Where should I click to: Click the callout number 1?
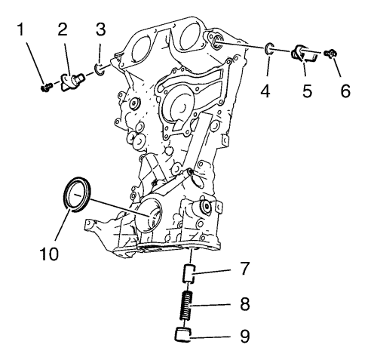(21, 29)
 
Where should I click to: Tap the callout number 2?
(63, 29)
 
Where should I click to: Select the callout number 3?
(101, 29)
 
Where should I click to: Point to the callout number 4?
(265, 91)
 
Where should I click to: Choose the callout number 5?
(307, 91)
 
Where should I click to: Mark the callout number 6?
(345, 91)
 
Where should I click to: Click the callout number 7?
(244, 268)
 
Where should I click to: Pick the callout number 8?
(244, 304)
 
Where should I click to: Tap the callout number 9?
(244, 336)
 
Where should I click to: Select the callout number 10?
(49, 254)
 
